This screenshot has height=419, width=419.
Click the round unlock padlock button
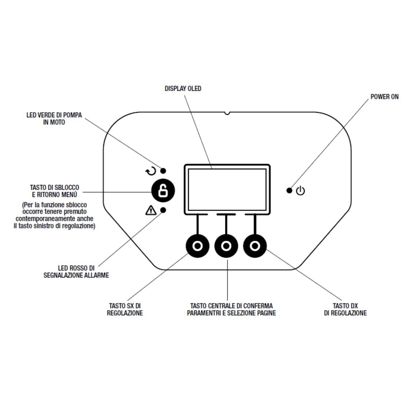pyautogui.click(x=163, y=191)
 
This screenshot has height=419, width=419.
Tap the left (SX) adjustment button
pyautogui.click(x=198, y=246)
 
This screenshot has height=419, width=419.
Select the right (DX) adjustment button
pyautogui.click(x=255, y=246)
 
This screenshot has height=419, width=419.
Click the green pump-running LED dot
pyautogui.click(x=163, y=171)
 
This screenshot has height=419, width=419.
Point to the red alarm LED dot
pyautogui.click(x=163, y=210)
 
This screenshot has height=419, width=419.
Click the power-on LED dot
pyautogui.click(x=289, y=191)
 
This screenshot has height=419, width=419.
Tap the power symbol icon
pyautogui.click(x=300, y=191)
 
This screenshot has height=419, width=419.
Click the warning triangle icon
pyautogui.click(x=150, y=210)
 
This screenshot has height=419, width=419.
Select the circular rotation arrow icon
pyautogui.click(x=150, y=171)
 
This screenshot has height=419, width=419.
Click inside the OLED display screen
pyautogui.click(x=227, y=189)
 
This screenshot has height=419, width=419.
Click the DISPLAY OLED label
pyautogui.click(x=183, y=89)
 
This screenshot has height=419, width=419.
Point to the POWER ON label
pyautogui.click(x=384, y=97)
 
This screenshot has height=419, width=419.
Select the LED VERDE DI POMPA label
pyautogui.click(x=54, y=119)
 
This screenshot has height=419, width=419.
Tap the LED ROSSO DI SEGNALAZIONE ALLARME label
pyautogui.click(x=76, y=272)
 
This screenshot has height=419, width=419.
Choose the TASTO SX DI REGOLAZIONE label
pyautogui.click(x=125, y=309)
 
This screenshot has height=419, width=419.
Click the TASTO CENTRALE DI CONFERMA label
pyautogui.click(x=231, y=309)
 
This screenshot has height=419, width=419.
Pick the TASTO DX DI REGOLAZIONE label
pyautogui.click(x=345, y=309)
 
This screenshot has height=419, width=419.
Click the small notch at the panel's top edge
pyautogui.click(x=227, y=113)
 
